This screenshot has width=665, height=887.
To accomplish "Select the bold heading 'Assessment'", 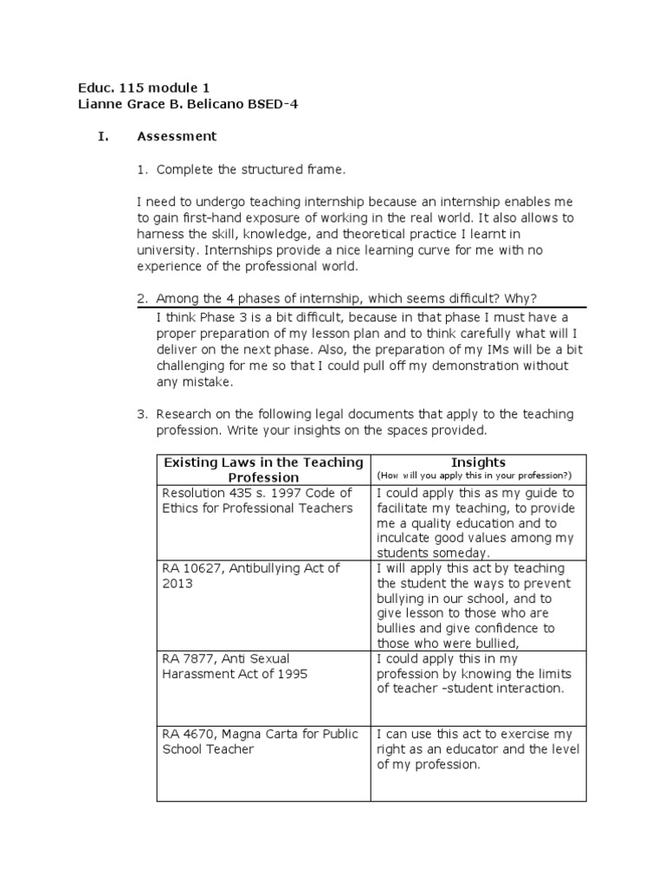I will [177, 136].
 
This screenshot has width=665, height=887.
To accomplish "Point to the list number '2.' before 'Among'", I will [143, 299].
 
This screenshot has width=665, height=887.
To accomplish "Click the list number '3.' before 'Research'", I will [143, 414].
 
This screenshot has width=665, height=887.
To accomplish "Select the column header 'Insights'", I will [478, 463].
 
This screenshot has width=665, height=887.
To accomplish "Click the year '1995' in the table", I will [291, 674].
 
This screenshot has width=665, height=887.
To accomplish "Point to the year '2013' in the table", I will [177, 584].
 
